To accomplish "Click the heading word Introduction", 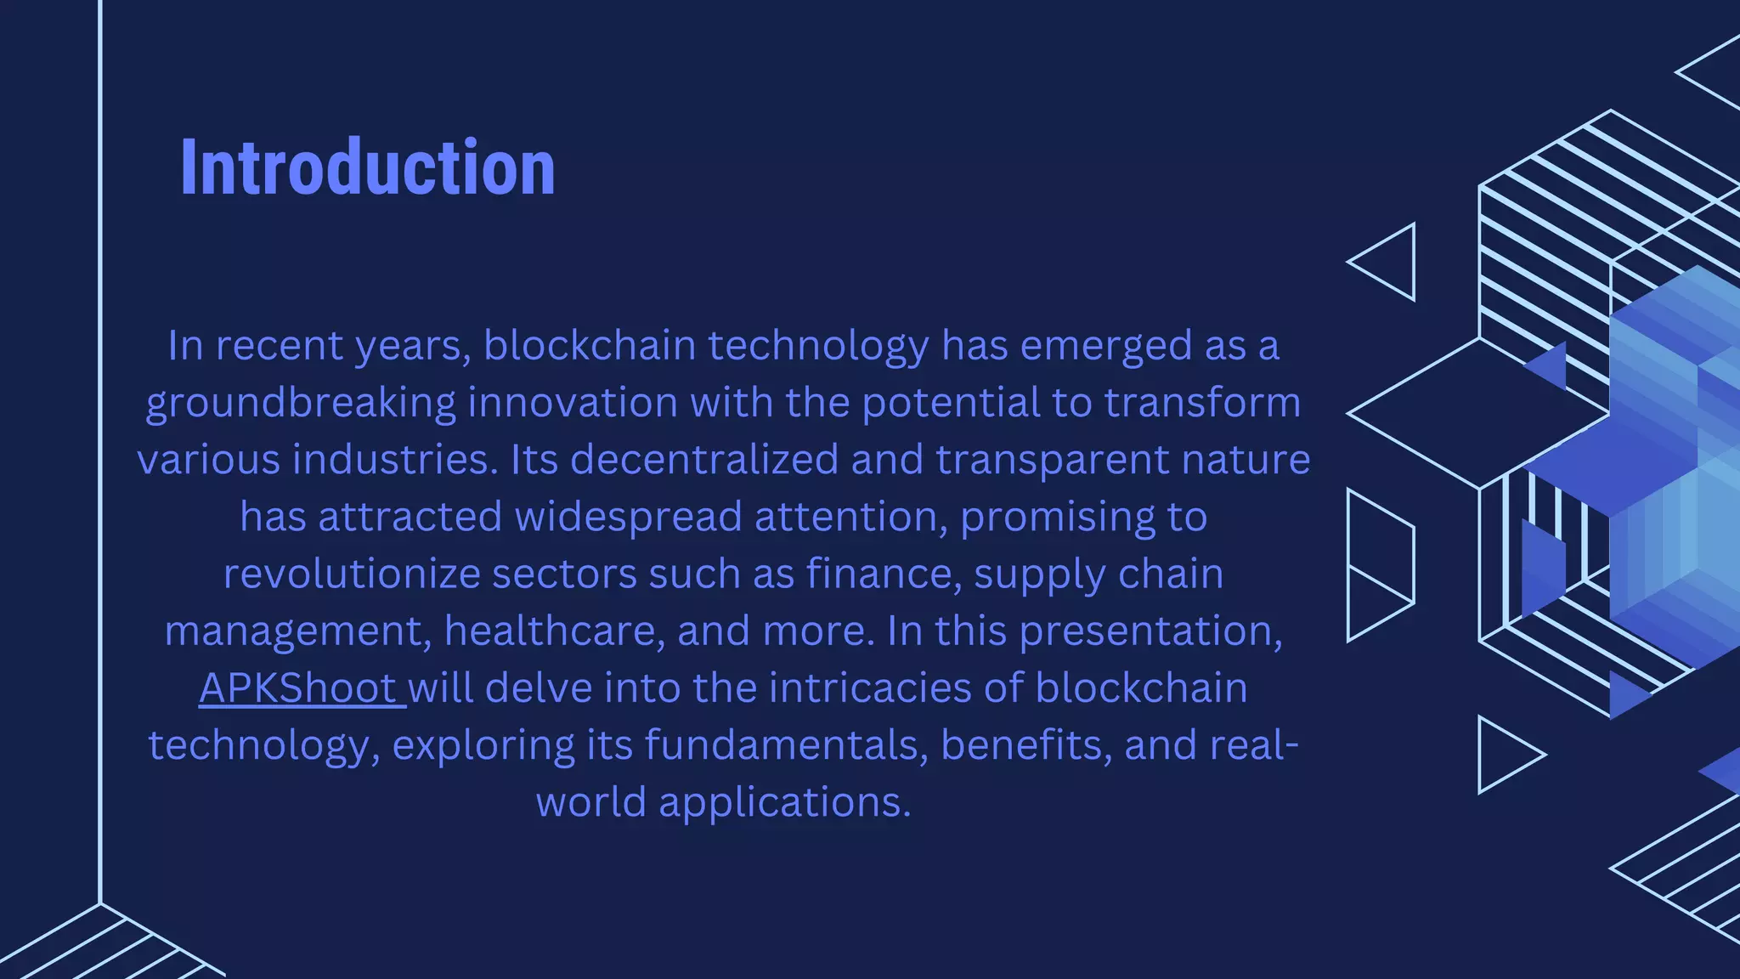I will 368,167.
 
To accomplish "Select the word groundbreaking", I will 301,403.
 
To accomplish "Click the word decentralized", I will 704,460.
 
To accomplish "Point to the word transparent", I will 1053,460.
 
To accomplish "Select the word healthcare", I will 554,631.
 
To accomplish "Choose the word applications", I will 784,802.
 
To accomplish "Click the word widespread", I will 629,517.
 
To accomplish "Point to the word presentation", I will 1150,631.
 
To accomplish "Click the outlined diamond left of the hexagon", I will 1478,414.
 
